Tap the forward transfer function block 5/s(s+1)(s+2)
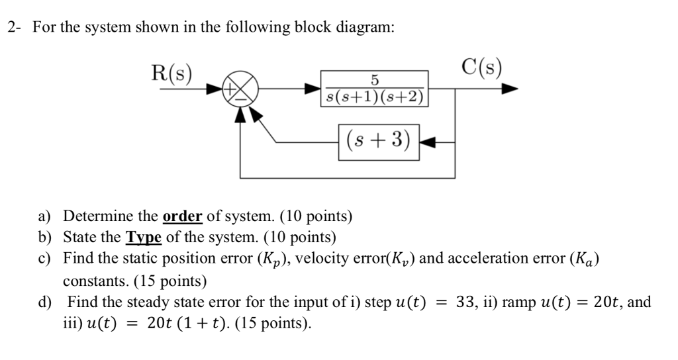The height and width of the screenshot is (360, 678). click(x=373, y=88)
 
